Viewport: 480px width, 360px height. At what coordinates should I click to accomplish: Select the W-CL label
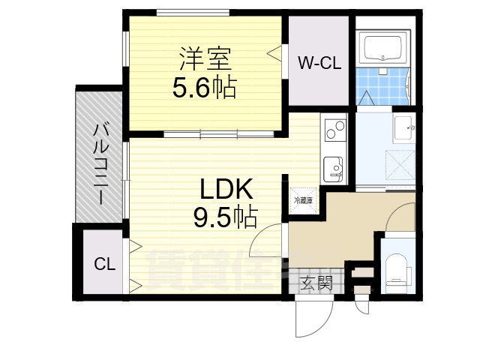pos(319,64)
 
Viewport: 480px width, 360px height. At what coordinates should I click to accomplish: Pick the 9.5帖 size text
pos(224,217)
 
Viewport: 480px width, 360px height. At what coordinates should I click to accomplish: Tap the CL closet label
pos(103,263)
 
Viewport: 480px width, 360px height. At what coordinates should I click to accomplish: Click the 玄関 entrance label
pos(316,283)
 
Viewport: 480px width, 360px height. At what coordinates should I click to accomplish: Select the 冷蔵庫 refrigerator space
pos(303,200)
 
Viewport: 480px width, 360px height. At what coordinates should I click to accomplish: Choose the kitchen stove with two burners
pos(334,129)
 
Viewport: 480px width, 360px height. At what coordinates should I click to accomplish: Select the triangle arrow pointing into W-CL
pos(275,52)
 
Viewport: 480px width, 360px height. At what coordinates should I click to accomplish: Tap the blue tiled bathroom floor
pos(383,84)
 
